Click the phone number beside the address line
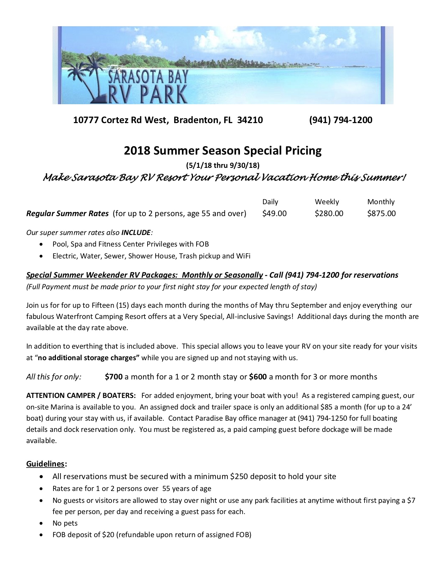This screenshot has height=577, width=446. click(340, 120)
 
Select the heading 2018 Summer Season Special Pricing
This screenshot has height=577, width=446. click(222, 150)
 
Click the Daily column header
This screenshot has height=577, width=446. click(270, 202)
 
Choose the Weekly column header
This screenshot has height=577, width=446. click(327, 202)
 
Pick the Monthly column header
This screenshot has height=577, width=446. click(381, 202)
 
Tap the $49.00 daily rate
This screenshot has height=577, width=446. click(274, 213)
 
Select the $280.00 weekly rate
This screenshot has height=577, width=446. click(329, 213)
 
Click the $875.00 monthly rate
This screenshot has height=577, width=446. click(381, 213)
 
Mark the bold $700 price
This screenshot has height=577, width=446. click(114, 377)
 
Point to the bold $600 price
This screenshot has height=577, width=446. click(258, 377)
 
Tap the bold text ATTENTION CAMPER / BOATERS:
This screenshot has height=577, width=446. click(81, 396)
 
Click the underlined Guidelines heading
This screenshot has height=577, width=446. click(45, 464)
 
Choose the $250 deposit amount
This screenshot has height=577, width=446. click(238, 476)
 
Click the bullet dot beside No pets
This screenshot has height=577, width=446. click(42, 523)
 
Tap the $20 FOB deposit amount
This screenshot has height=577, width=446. click(108, 535)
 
